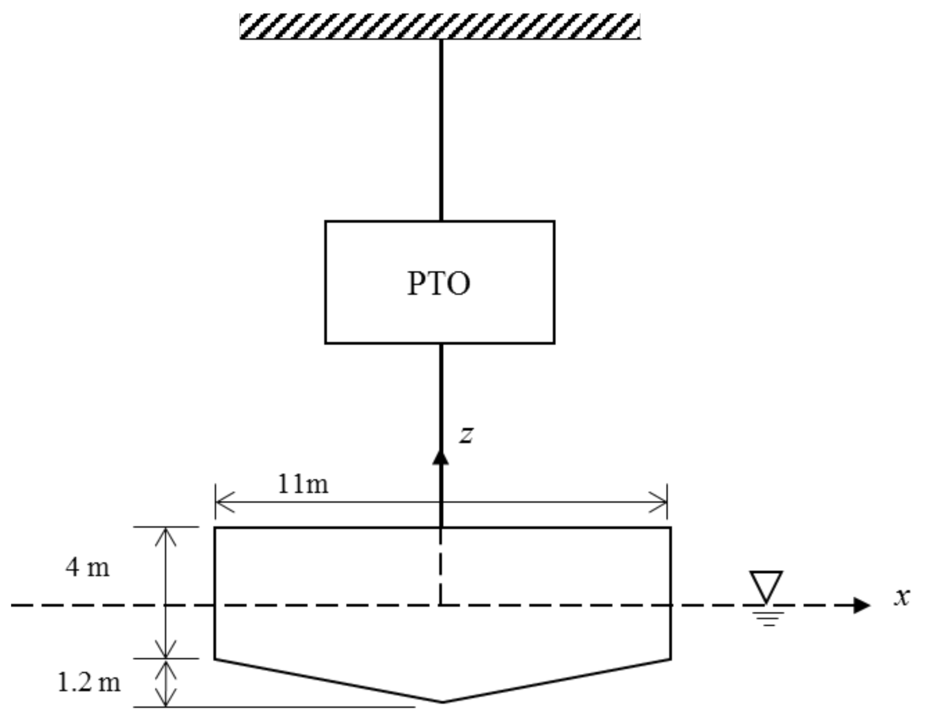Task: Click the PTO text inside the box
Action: (439, 283)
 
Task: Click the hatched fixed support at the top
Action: (440, 27)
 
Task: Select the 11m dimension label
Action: (302, 484)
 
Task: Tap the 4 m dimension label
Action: (88, 568)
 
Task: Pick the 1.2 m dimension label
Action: (89, 683)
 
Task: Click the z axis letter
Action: (465, 435)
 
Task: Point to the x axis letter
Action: (902, 597)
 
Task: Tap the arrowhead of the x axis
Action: (861, 605)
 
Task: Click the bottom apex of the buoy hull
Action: (443, 701)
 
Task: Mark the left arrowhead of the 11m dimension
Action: (220, 502)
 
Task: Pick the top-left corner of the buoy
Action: (215, 528)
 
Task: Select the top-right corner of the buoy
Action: (670, 528)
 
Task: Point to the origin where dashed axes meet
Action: (440, 605)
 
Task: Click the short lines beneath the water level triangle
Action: (768, 618)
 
